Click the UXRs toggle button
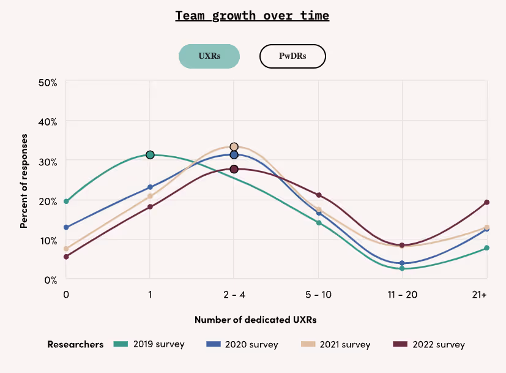click(209, 56)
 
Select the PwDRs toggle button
click(292, 56)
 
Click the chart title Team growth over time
click(252, 15)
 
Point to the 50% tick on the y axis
click(48, 82)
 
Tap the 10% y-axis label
click(48, 240)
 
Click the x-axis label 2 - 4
click(234, 295)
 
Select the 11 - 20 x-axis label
click(402, 295)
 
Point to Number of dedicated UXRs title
click(255, 320)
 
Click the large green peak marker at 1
click(150, 155)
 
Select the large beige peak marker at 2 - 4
click(234, 147)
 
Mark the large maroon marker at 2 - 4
click(234, 169)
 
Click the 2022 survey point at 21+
click(487, 202)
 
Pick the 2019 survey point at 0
click(66, 201)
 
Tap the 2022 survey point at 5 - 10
click(318, 195)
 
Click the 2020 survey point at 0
click(66, 227)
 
